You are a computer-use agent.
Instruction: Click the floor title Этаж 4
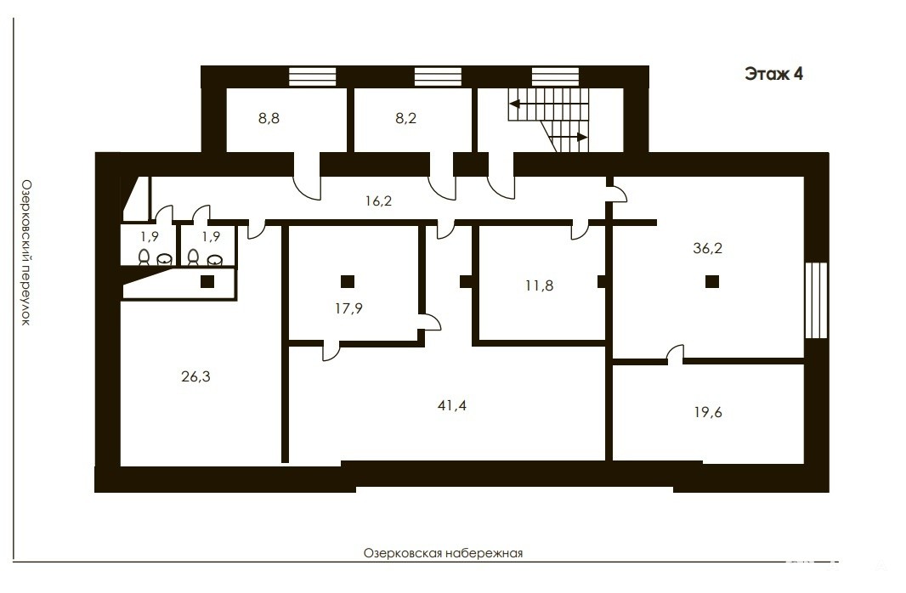[x=773, y=74]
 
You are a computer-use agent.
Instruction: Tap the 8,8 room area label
[x=269, y=119]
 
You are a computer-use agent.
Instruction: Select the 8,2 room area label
[x=405, y=119]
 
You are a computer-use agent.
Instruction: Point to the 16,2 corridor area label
[x=378, y=201]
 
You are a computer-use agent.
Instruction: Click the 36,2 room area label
[x=708, y=248]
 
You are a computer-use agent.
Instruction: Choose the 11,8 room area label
[x=539, y=285]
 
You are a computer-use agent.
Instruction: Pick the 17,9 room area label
[x=349, y=309]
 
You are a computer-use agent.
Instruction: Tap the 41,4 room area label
[x=452, y=406]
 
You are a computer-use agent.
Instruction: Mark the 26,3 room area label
[x=195, y=377]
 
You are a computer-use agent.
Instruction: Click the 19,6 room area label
[x=708, y=413]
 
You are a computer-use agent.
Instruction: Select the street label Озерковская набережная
[x=443, y=553]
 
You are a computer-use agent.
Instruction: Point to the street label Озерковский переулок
[x=26, y=252]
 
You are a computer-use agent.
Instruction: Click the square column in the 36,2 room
[x=712, y=282]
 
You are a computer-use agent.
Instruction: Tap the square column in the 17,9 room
[x=348, y=282]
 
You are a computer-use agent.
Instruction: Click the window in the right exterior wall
[x=817, y=300]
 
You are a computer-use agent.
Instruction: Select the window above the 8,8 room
[x=313, y=76]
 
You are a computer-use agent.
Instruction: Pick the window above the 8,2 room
[x=438, y=76]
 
